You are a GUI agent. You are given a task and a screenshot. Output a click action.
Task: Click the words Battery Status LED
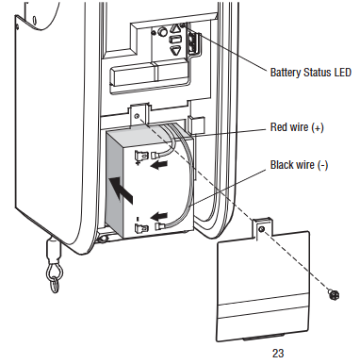(310, 73)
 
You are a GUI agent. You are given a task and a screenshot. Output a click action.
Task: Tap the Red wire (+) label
(297, 127)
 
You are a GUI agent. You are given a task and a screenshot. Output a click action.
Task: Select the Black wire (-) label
(299, 165)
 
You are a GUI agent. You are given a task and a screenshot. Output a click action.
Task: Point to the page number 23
(278, 353)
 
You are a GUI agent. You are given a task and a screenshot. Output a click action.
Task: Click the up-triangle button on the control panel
(175, 29)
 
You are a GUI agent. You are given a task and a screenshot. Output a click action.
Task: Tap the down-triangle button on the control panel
(175, 50)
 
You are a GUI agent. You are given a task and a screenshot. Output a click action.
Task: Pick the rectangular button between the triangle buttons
(175, 40)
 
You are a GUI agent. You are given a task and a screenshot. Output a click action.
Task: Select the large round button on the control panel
(162, 32)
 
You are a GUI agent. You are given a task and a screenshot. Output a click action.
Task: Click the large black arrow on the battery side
(121, 190)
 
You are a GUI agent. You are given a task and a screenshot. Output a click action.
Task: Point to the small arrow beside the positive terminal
(159, 164)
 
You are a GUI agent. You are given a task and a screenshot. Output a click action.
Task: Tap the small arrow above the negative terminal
(159, 217)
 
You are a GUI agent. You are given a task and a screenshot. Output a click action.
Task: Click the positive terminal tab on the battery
(140, 156)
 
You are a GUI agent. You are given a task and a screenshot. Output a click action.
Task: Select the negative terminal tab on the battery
(141, 227)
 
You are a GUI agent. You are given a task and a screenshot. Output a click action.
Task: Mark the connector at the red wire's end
(156, 156)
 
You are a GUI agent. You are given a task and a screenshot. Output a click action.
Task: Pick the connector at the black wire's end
(160, 226)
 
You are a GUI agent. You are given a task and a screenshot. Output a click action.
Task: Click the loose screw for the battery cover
(334, 295)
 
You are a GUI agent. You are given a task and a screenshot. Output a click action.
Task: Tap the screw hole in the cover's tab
(261, 229)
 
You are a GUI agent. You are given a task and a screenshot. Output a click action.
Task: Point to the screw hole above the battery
(137, 116)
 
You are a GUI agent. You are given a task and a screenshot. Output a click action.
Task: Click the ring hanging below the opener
(55, 281)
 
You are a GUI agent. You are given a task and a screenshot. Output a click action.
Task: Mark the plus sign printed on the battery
(138, 163)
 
